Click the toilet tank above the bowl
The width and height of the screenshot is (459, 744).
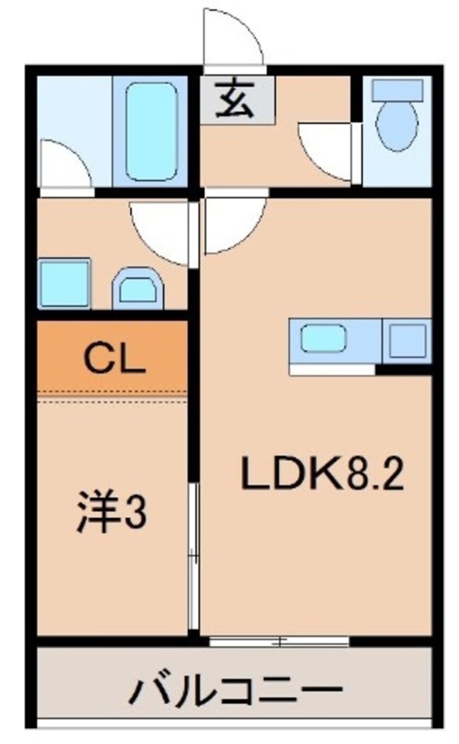[397, 90]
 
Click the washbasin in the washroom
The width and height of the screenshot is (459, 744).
[138, 290]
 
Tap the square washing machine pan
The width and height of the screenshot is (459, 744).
[64, 283]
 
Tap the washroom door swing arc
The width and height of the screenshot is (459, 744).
[161, 231]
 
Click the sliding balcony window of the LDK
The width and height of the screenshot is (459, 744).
[279, 641]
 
